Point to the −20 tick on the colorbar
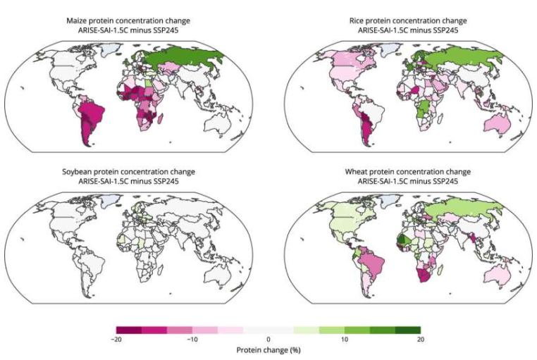pyautogui.click(x=117, y=340)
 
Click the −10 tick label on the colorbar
pyautogui.click(x=192, y=340)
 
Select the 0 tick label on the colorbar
pyautogui.click(x=268, y=340)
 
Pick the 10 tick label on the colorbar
pyautogui.click(x=345, y=340)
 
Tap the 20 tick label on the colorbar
pyautogui.click(x=420, y=340)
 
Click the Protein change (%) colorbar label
pyautogui.click(x=268, y=350)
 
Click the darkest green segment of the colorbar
pyautogui.click(x=407, y=330)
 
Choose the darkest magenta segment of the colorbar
pyautogui.click(x=129, y=330)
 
